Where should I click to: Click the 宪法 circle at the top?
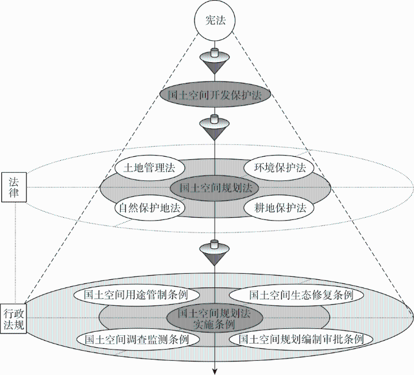[x=215, y=20]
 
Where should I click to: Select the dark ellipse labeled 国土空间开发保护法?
[x=215, y=95]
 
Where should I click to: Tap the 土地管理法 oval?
[x=150, y=168]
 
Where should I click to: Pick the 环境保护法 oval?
[x=279, y=168]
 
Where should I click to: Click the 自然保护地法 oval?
[x=150, y=208]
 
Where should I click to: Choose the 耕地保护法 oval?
[x=279, y=208]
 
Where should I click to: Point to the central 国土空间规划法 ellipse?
[x=215, y=188]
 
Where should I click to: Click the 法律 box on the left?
[x=14, y=187]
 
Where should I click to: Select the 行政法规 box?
[x=14, y=318]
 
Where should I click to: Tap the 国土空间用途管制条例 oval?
[x=137, y=295]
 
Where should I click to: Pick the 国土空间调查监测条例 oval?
[x=137, y=339]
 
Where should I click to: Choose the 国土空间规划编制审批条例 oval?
[x=300, y=339]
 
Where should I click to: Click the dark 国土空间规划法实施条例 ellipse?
[x=215, y=318]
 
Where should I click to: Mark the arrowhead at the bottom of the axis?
[x=215, y=371]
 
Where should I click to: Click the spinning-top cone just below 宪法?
[x=214, y=61]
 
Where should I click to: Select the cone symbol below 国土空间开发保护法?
[x=214, y=127]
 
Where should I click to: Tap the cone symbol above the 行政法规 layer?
[x=214, y=253]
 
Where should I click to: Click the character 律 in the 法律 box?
[x=14, y=193]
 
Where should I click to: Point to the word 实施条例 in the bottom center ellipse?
[x=214, y=324]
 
